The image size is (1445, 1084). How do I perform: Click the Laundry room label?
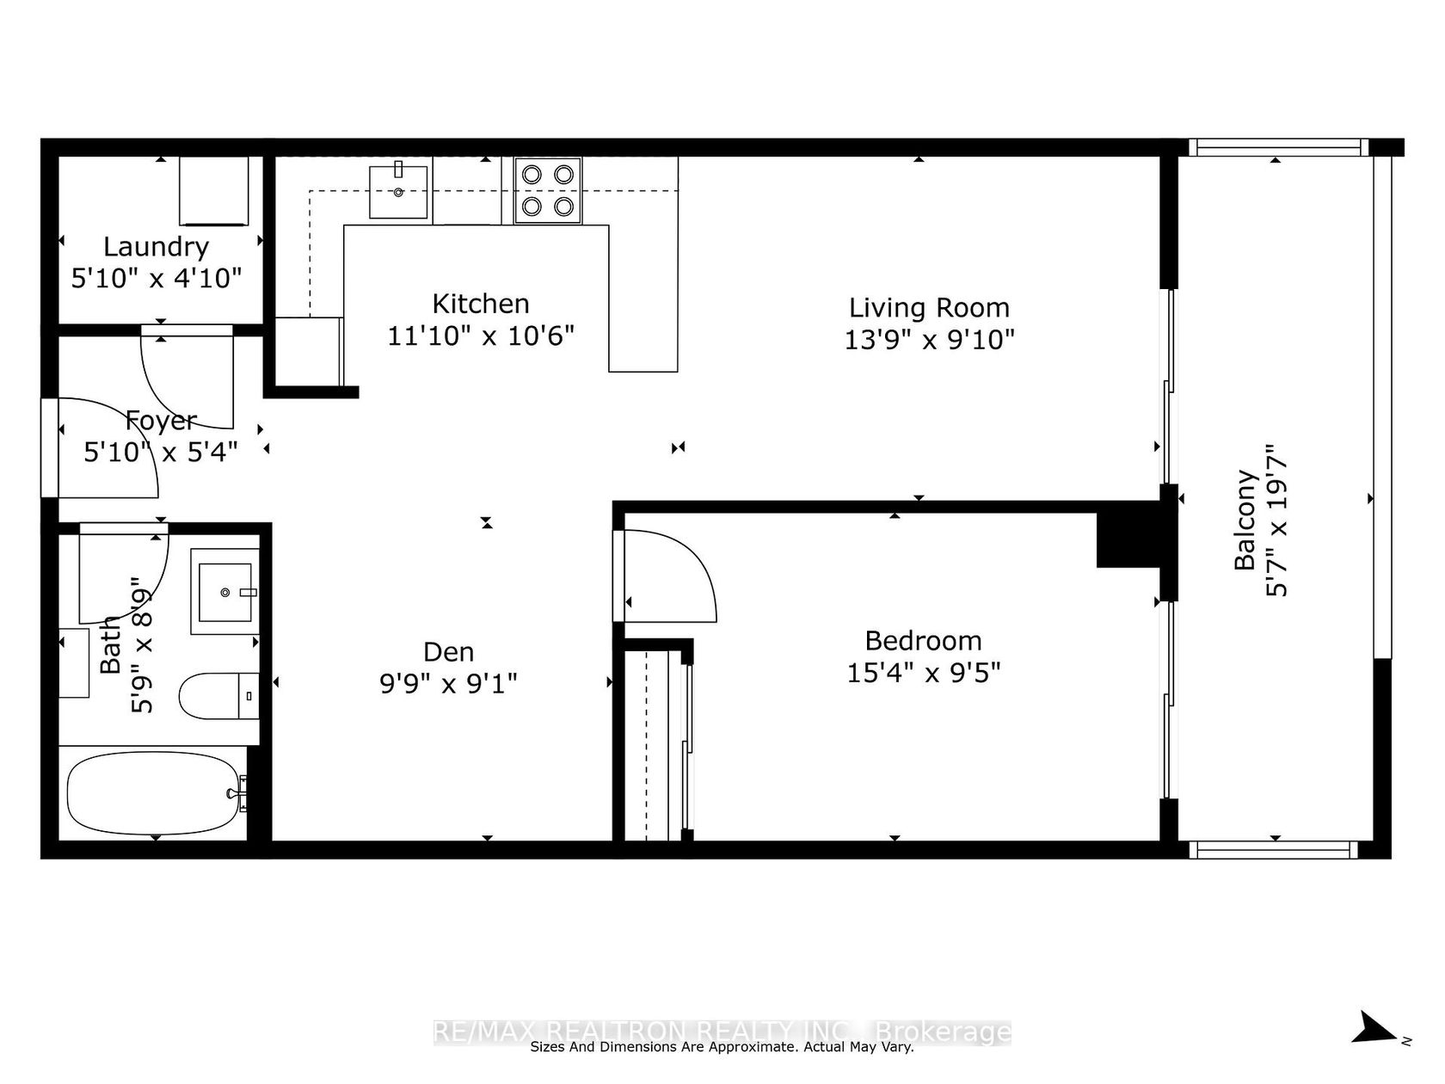[x=156, y=248]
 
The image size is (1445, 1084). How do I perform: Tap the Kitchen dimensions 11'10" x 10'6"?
[x=481, y=336]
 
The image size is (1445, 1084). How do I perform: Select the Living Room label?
[x=929, y=307]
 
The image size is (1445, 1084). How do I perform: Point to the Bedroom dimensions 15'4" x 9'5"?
[x=923, y=673]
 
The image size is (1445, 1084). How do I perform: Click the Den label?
[x=448, y=651]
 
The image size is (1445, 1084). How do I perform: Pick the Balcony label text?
[x=1245, y=520]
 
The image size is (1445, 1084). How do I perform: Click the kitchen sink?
[x=398, y=192]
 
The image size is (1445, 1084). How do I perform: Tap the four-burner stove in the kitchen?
[x=548, y=191]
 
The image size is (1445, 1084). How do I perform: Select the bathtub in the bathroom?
[x=154, y=793]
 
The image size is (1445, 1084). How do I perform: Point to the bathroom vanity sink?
[x=225, y=592]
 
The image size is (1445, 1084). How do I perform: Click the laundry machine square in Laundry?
[x=214, y=191]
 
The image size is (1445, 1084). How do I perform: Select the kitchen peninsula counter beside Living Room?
[x=643, y=299]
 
